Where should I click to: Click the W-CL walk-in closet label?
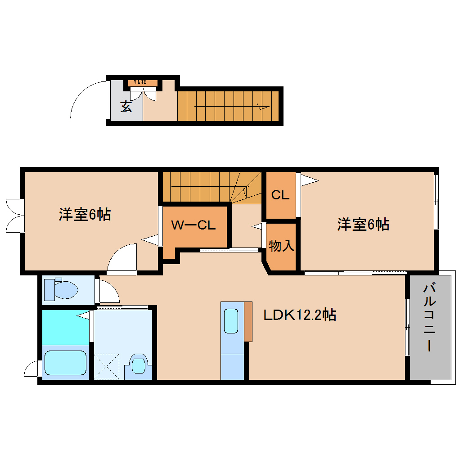(x=194, y=225)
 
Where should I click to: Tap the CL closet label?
(x=280, y=195)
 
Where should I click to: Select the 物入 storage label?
(x=282, y=246)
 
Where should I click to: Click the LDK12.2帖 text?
(x=300, y=315)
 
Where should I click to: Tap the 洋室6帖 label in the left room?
(x=85, y=214)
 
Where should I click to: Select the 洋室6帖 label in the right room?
(x=364, y=224)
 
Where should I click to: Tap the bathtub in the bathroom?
(x=65, y=363)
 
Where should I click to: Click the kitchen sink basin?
(x=231, y=321)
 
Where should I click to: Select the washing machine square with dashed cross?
(x=107, y=367)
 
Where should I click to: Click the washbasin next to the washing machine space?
(x=138, y=365)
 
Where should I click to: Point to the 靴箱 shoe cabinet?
(x=143, y=82)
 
